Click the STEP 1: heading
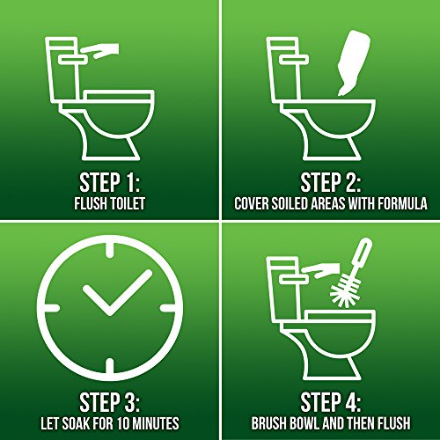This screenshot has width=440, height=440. pyautogui.click(x=110, y=182)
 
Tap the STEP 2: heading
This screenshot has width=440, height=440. pyautogui.click(x=330, y=182)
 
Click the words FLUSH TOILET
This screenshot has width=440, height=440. pyautogui.click(x=110, y=204)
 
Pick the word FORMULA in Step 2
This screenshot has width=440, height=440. pyautogui.click(x=400, y=204)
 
